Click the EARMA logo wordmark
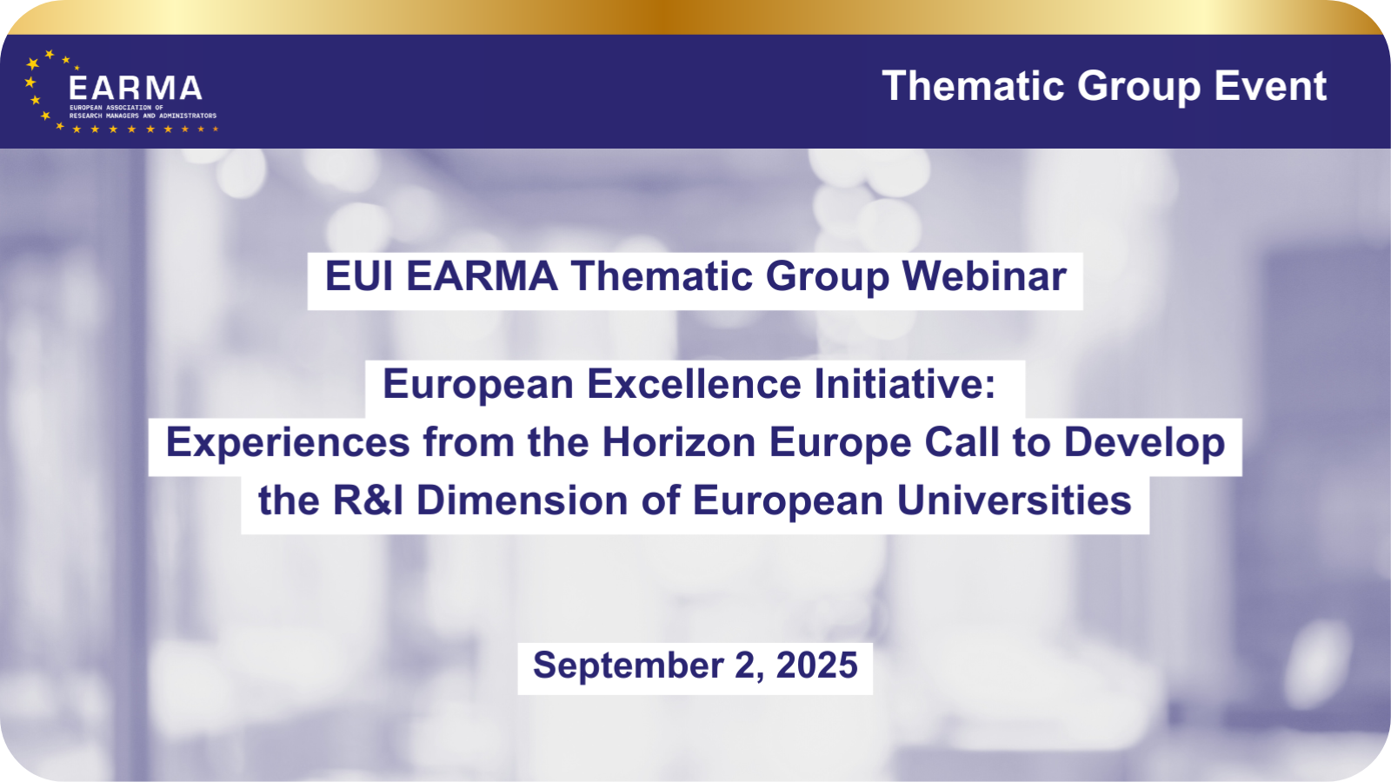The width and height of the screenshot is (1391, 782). [x=136, y=88]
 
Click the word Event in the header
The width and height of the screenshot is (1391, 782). [x=1270, y=86]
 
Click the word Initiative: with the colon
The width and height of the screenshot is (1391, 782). [x=905, y=383]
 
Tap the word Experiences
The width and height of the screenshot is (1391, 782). [x=288, y=442]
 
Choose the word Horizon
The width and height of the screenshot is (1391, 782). [x=679, y=442]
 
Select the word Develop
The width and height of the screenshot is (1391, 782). [x=1144, y=443]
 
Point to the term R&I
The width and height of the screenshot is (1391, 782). [x=369, y=500]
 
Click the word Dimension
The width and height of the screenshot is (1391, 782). [x=522, y=500]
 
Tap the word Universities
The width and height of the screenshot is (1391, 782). [x=1014, y=500]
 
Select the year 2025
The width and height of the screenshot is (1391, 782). [x=816, y=665]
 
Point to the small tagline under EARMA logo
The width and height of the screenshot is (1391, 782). [x=143, y=112]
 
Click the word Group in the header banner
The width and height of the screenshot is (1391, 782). [x=1139, y=87]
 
